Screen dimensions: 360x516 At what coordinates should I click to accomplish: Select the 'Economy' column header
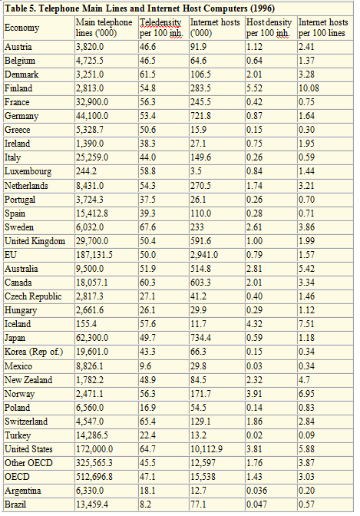point(21,28)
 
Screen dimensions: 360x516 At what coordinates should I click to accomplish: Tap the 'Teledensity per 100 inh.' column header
point(161,28)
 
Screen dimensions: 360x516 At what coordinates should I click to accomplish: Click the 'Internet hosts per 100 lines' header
point(323,28)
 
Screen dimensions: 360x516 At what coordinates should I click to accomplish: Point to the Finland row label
point(18,88)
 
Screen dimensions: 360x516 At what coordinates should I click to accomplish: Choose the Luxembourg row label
point(28,171)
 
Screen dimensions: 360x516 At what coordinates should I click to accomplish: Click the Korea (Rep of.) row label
point(34,352)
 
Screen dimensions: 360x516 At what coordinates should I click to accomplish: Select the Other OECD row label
point(28,463)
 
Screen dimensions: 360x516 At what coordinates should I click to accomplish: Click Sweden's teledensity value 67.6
point(147,227)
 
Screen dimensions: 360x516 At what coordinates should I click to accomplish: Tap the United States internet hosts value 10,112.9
point(206,449)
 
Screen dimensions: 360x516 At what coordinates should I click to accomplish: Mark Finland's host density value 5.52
point(254,88)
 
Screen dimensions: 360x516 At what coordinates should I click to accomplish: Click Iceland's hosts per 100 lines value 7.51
point(306,324)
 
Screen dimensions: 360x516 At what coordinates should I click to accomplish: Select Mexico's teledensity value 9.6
point(145,366)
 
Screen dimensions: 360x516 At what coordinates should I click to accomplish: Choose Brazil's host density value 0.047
point(256,504)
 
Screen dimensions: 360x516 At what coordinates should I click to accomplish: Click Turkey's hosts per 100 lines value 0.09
point(306,435)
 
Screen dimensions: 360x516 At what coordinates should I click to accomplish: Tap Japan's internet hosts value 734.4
point(200,338)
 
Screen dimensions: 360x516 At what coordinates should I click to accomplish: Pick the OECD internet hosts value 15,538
point(203,477)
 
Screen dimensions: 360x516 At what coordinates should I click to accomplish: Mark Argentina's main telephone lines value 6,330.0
point(90,491)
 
